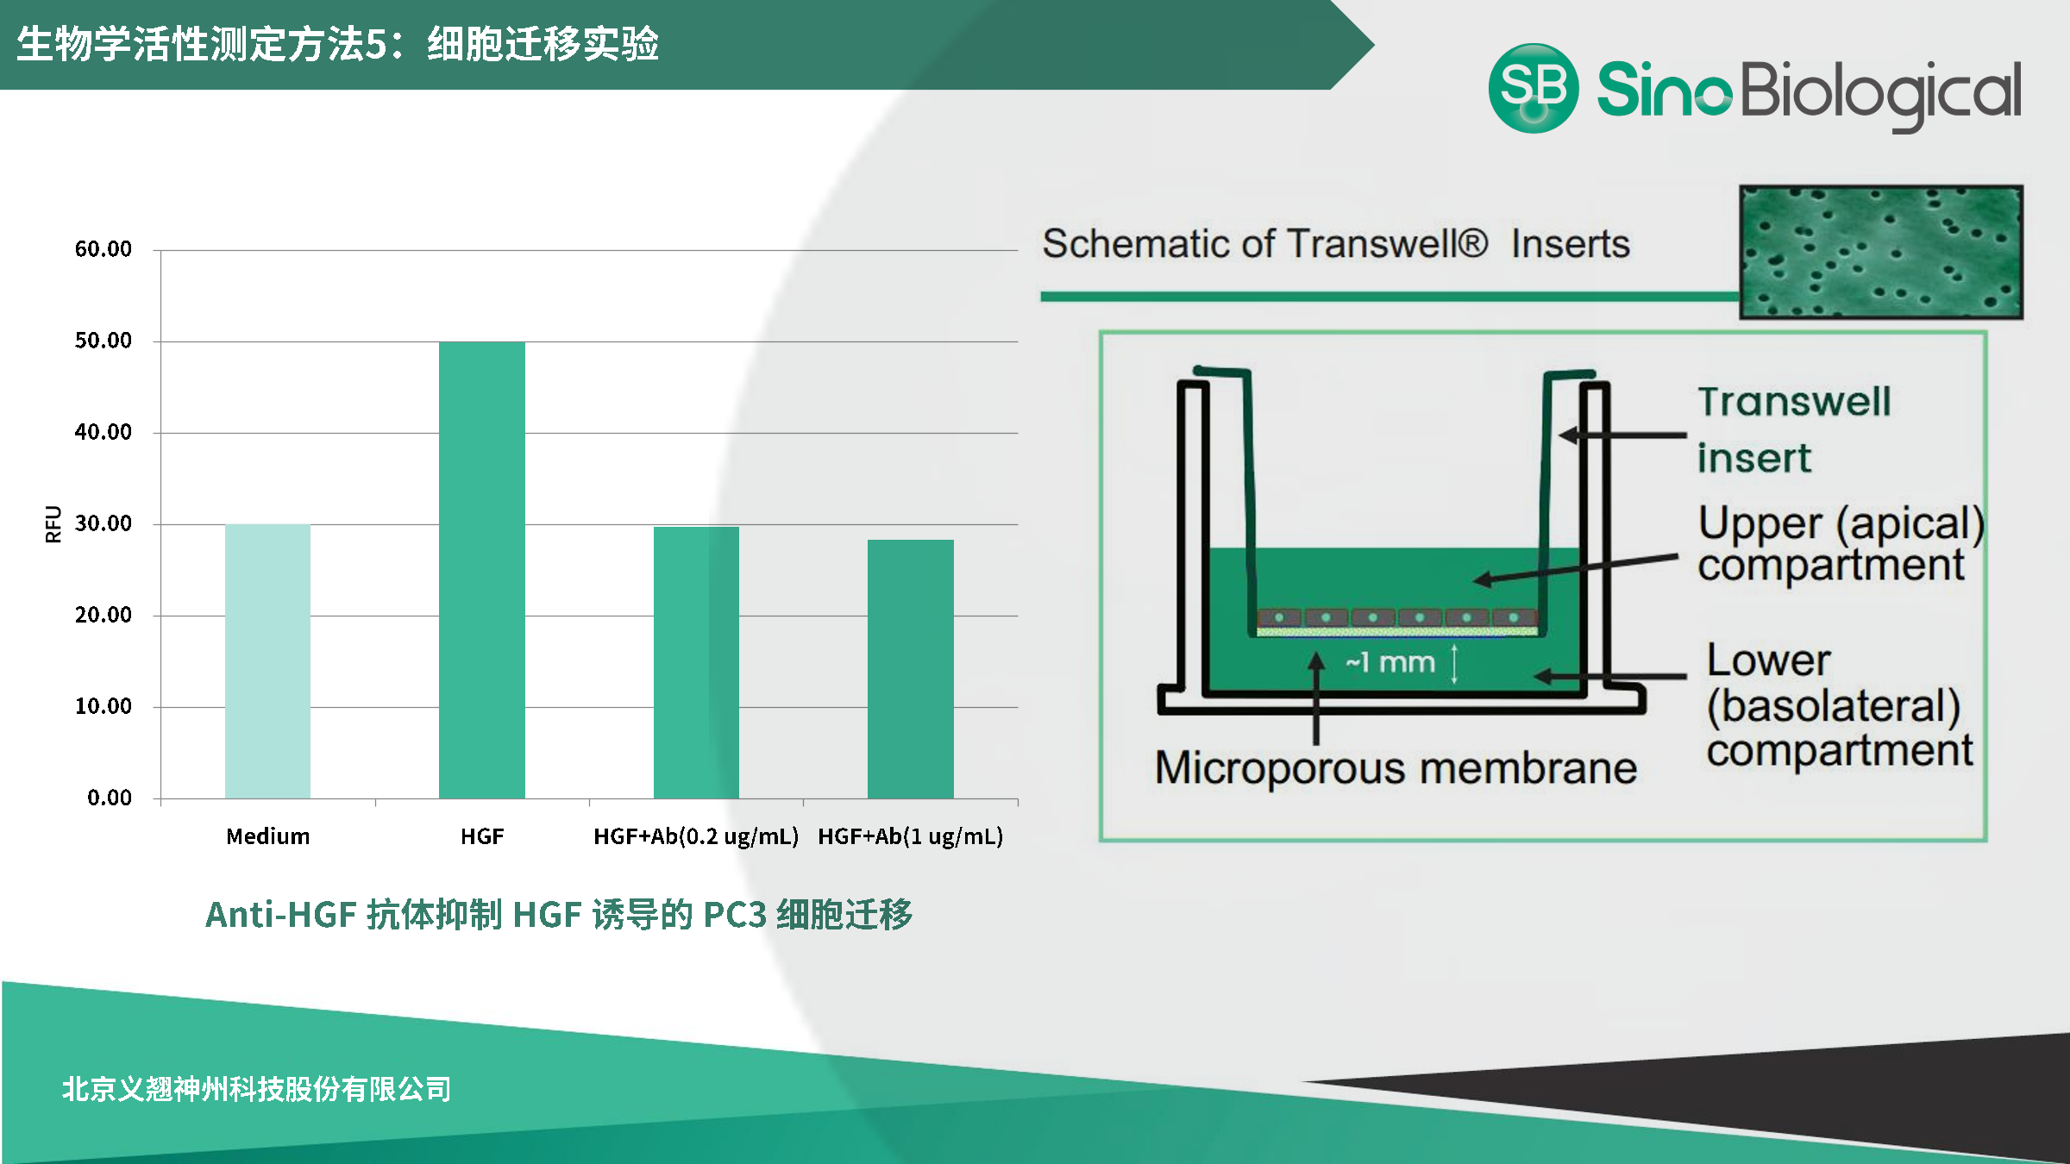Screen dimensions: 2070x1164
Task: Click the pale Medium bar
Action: click(267, 660)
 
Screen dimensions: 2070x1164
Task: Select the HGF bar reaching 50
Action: click(482, 570)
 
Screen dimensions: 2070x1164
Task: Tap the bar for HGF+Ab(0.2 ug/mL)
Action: click(696, 662)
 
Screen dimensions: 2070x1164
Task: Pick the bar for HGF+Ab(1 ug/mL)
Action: click(911, 669)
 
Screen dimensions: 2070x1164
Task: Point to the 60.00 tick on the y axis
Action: click(103, 249)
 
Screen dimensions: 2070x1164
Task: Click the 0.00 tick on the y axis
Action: click(110, 798)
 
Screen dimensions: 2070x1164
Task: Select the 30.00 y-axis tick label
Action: click(103, 523)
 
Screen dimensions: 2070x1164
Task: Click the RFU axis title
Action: click(53, 524)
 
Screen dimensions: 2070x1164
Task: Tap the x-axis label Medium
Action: click(268, 836)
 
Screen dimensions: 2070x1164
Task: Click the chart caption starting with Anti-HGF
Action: click(559, 915)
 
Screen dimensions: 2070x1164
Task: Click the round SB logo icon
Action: click(1534, 88)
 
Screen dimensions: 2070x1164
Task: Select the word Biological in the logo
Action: click(1881, 93)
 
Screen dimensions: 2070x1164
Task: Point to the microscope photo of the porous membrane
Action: click(1881, 252)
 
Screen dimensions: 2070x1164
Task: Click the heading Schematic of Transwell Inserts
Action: click(1336, 244)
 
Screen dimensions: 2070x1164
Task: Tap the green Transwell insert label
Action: click(1794, 429)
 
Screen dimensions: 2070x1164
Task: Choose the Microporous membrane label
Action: click(1396, 768)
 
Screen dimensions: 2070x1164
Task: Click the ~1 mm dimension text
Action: click(1390, 662)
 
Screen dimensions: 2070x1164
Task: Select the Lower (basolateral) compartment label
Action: click(1839, 706)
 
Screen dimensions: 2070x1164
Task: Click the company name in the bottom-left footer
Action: click(256, 1089)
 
